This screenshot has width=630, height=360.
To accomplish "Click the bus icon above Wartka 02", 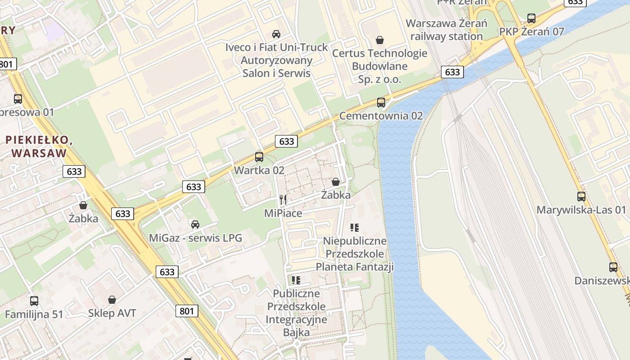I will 259,157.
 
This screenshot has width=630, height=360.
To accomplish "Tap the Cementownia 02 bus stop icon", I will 381,103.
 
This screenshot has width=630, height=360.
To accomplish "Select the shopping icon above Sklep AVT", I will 112,300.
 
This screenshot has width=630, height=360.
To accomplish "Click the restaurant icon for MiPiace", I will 283,200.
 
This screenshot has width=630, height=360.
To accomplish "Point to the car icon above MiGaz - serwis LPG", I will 195,224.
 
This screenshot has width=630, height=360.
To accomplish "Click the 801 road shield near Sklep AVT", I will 187,311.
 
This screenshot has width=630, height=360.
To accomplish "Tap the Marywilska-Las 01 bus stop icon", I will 581,197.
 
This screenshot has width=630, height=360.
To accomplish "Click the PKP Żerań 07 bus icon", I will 531,18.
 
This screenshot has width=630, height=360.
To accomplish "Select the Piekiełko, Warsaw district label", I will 39,146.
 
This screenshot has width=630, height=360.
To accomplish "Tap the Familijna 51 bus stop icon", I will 34,301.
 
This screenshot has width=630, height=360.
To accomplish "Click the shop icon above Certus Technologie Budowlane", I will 380,40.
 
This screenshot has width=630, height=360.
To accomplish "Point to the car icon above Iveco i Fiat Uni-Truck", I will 276,34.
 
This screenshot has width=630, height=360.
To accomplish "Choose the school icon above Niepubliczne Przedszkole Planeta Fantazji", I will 355,228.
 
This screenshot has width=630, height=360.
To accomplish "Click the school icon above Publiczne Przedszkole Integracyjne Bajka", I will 296,280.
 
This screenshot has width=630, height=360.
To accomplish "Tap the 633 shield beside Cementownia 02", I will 452,72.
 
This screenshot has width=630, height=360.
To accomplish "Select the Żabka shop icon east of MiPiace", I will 336,182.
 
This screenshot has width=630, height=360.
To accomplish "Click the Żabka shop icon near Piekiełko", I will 83,205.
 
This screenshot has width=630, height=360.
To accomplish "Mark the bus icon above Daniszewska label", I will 613,267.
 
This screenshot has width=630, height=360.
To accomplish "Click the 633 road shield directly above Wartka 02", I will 287,141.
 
